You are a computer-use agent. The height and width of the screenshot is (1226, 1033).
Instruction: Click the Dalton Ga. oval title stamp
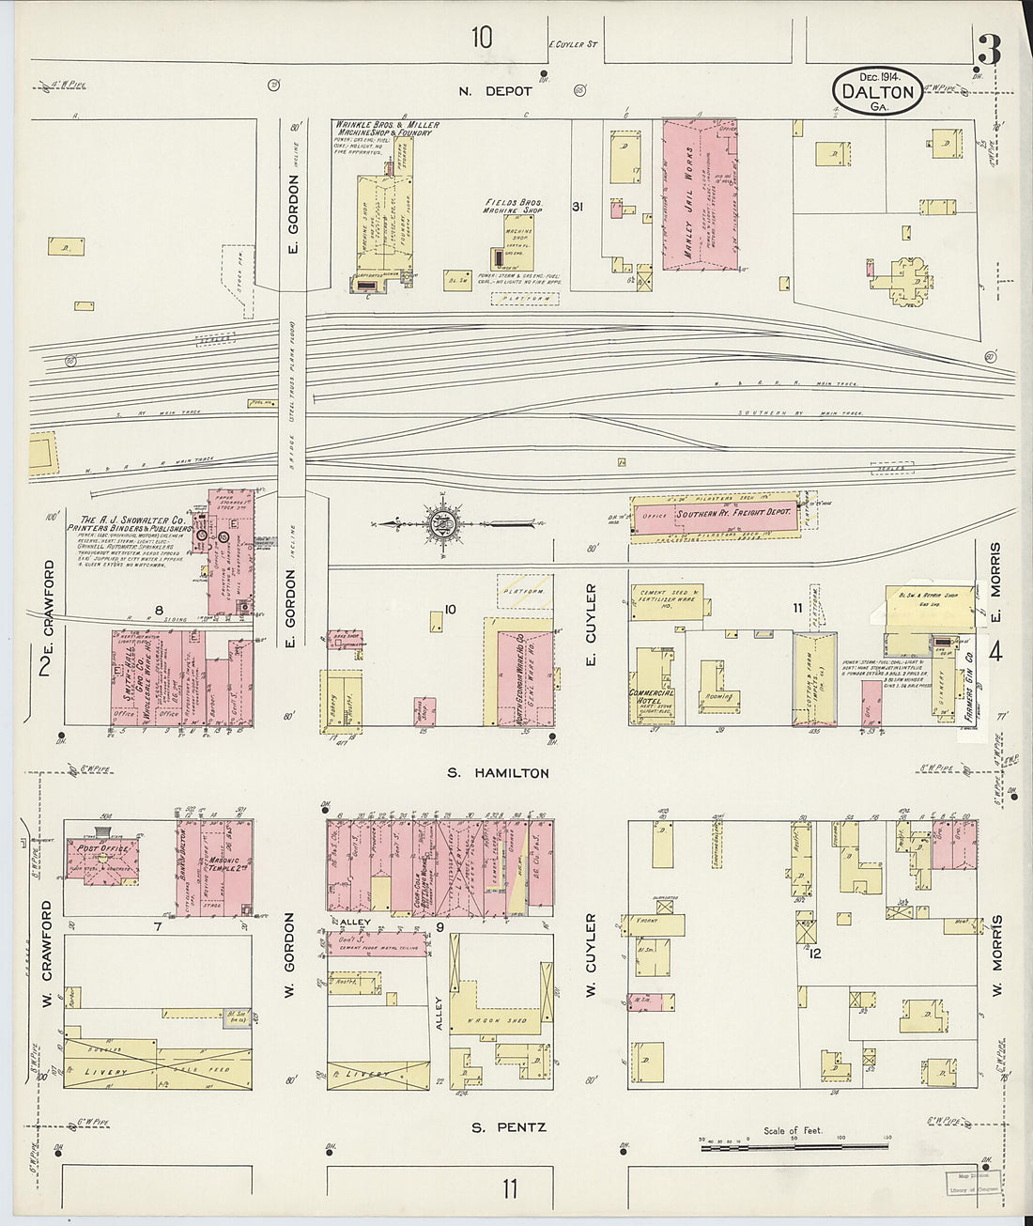click(x=877, y=91)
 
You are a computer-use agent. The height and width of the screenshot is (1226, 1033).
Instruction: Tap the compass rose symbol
click(x=439, y=523)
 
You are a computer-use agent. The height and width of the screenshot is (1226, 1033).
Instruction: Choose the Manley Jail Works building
click(x=700, y=194)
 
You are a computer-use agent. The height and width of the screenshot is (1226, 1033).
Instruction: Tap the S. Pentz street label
click(x=508, y=1126)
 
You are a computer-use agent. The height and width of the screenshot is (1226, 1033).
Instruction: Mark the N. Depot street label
click(x=495, y=91)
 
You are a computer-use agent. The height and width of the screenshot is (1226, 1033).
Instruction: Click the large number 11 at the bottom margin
click(x=508, y=1189)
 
